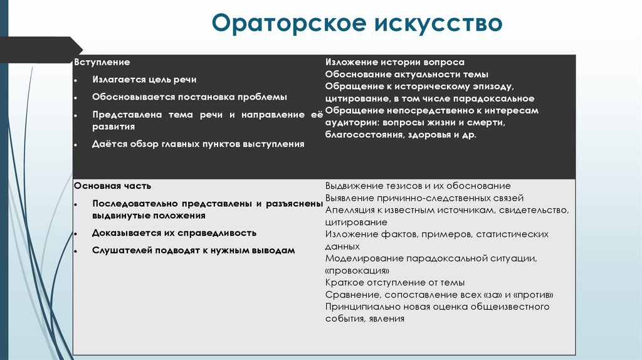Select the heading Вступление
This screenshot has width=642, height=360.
[x=102, y=63]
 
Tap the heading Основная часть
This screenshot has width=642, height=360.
[x=112, y=186]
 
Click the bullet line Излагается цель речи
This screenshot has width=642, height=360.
[x=144, y=80]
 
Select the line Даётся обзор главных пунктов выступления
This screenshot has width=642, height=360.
[x=198, y=144]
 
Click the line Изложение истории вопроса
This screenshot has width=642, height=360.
[x=395, y=63]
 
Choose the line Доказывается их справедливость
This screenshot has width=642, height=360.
[x=174, y=233]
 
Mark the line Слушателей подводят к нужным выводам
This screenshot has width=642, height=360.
[x=192, y=250]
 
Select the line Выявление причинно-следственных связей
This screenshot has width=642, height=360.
[x=429, y=198]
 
